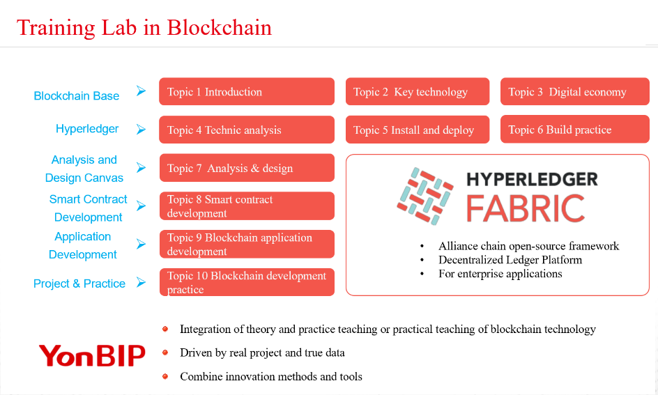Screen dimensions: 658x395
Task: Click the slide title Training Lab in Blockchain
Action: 144,28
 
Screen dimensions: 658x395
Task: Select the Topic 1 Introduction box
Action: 247,91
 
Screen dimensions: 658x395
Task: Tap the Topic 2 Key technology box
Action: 418,91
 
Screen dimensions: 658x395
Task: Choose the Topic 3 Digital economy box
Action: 575,91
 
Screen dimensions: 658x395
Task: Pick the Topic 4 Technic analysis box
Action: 247,130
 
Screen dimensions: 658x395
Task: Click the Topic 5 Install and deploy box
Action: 418,130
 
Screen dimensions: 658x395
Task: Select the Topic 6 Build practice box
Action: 575,129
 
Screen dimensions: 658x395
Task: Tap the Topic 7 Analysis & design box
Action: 247,168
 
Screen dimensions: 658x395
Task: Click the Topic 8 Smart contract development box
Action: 247,206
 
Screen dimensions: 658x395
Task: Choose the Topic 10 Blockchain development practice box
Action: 247,282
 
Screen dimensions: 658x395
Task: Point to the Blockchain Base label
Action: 77,96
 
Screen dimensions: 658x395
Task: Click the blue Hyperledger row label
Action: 87,129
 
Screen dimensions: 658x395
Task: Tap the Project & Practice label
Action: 79,284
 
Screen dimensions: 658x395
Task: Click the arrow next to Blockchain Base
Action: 141,91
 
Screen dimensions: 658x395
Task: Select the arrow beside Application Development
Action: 141,244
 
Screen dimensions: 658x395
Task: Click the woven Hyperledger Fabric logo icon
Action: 425,196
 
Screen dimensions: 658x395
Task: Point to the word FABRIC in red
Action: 526,208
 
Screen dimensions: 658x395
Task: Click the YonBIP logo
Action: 92,355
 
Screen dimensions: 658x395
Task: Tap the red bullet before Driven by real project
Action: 165,353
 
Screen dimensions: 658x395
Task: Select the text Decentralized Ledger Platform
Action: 510,260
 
